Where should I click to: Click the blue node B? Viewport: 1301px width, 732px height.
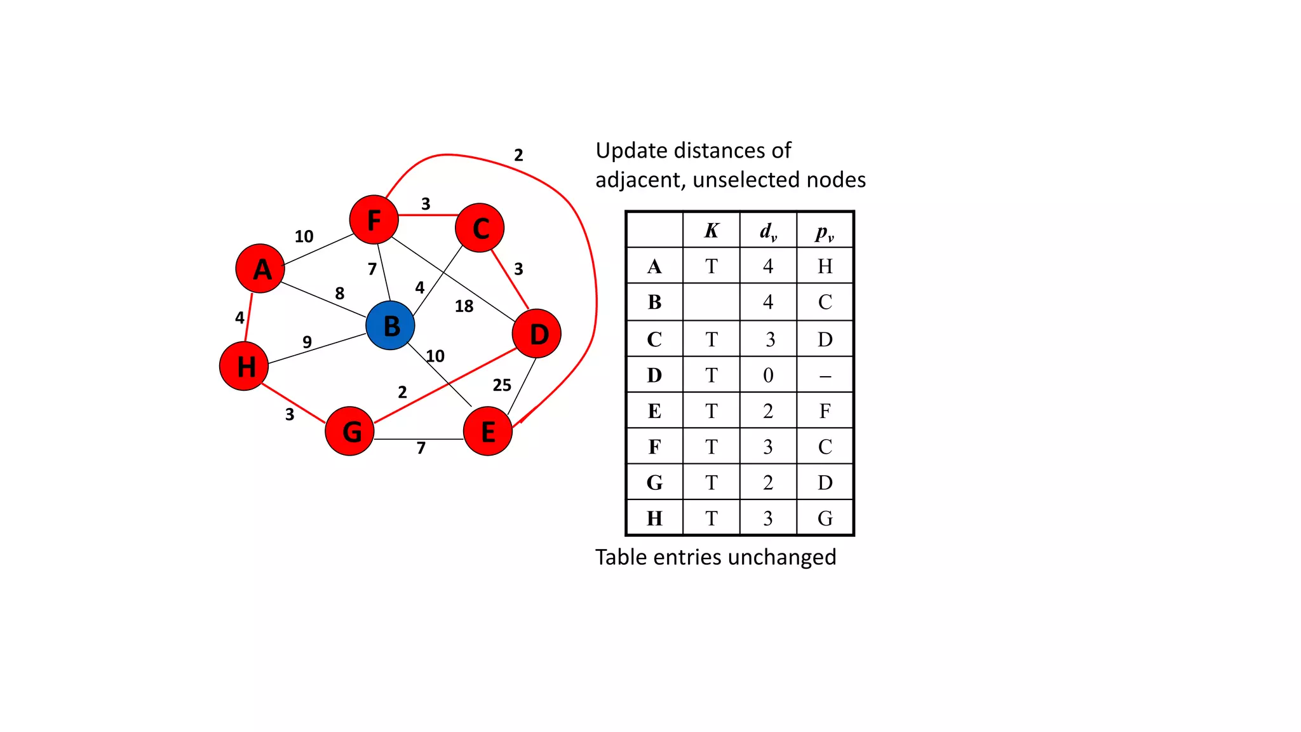click(x=390, y=325)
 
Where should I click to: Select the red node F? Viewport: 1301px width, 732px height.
click(x=374, y=220)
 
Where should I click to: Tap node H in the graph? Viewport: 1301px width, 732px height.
click(x=244, y=366)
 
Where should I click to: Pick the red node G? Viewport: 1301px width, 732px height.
click(x=349, y=431)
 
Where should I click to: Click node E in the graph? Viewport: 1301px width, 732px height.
click(x=487, y=431)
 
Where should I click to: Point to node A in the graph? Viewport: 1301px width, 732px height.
click(x=260, y=268)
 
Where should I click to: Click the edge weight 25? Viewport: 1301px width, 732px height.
click(x=502, y=385)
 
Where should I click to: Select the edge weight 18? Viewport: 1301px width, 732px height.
click(x=464, y=306)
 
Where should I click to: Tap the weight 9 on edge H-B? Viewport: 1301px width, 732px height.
click(x=307, y=342)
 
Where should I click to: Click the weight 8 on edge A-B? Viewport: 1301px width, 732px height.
click(x=339, y=293)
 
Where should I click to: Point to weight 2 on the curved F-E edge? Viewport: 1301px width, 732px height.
click(x=518, y=155)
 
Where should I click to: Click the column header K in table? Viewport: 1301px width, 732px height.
click(x=711, y=231)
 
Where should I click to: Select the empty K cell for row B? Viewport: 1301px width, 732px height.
click(x=711, y=302)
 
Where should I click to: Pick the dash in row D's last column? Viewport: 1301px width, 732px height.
click(x=825, y=376)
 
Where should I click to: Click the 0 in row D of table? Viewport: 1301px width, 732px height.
click(x=767, y=376)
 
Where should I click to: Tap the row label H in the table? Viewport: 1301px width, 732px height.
click(x=654, y=518)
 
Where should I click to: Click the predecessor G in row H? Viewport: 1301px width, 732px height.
click(x=825, y=518)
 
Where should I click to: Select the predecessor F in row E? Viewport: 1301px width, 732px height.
click(x=825, y=411)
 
